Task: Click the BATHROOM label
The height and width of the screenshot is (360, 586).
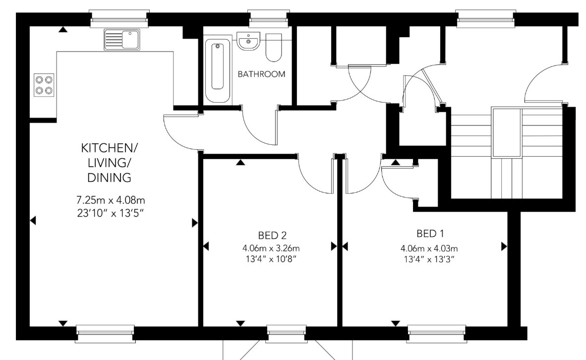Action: coord(261,74)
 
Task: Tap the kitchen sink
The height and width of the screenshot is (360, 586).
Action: coord(122,39)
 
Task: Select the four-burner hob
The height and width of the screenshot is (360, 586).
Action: coord(44,85)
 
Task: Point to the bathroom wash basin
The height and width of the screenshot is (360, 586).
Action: coord(248,41)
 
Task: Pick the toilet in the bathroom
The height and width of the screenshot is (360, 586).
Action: coord(274,48)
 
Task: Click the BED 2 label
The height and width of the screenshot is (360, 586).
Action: coord(272,236)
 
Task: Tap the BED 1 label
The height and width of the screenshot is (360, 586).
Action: coord(430,234)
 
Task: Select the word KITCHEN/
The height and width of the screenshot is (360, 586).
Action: coord(109,148)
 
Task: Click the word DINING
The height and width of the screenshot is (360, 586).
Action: coord(109,178)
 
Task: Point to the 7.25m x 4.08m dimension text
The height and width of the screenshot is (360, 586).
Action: coord(111,200)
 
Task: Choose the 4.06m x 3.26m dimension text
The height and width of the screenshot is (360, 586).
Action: coord(271,248)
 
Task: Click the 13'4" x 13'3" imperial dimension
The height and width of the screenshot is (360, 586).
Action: coord(429,259)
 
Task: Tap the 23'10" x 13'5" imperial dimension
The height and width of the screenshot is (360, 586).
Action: coord(111,213)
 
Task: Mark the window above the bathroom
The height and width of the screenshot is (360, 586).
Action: coord(269,19)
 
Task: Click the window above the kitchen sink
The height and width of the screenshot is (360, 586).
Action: coord(119,19)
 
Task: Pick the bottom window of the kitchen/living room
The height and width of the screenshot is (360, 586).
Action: coord(105,333)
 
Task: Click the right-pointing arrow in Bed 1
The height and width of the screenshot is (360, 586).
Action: coord(504,247)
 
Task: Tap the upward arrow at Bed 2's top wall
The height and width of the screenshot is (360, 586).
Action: coord(240,162)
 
